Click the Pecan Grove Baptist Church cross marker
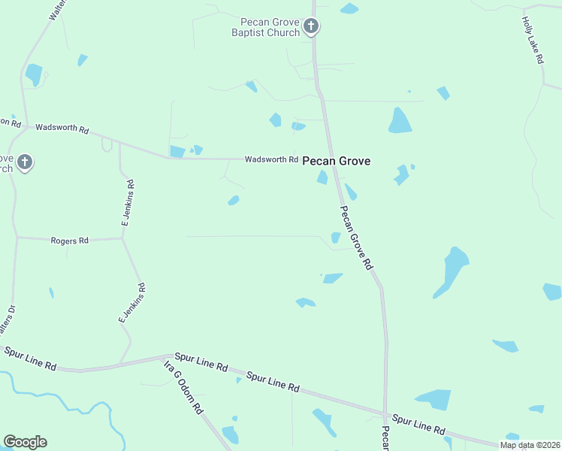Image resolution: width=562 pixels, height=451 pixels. click(311, 27)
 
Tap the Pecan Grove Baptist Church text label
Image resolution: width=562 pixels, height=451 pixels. click(269, 27)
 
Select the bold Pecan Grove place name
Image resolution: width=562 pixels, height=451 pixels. click(336, 161)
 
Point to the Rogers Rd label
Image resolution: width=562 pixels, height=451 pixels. click(70, 241)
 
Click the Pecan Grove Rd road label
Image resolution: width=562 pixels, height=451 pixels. click(357, 238)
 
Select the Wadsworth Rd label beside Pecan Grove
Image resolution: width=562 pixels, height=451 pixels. click(271, 159)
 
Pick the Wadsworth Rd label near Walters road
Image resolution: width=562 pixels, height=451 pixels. click(62, 129)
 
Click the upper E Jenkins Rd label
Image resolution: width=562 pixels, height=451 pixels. click(128, 203)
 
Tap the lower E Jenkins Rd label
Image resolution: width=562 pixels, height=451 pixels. click(131, 304)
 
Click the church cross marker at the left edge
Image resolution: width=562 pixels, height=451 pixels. click(25, 162)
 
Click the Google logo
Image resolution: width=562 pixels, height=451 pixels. click(25, 442)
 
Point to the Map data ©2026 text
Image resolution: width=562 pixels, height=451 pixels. click(530, 445)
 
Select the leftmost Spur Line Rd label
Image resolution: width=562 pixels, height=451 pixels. click(30, 359)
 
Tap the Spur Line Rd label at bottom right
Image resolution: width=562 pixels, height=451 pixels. click(418, 425)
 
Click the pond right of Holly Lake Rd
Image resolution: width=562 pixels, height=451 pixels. click(553, 292)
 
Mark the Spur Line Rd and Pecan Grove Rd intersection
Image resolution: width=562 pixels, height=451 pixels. click(385, 415)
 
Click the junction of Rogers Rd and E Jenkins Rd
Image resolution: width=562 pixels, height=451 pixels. click(122, 239)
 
